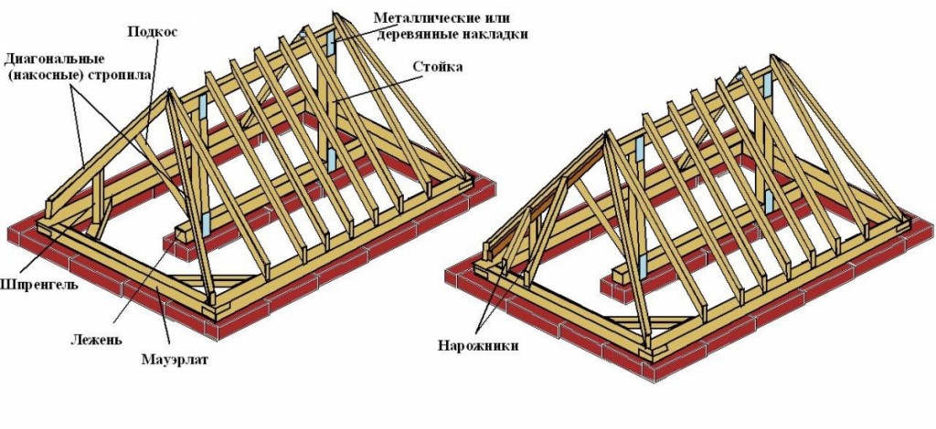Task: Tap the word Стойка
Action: (x=438, y=67)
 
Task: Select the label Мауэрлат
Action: (x=175, y=360)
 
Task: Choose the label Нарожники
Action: (x=476, y=346)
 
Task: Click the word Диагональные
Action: (x=55, y=59)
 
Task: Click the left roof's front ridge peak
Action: (x=170, y=90)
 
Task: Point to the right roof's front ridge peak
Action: (x=606, y=132)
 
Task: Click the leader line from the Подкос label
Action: (x=152, y=89)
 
